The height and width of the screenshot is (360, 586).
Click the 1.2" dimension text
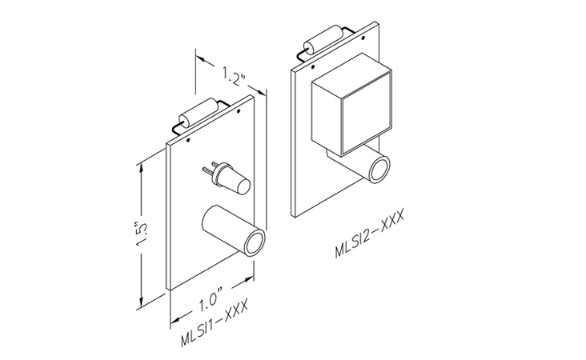[234, 76]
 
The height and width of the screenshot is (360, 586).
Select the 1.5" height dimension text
[141, 234]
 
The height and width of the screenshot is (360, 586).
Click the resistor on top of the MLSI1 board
[198, 113]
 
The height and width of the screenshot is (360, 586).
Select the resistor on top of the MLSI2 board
[323, 40]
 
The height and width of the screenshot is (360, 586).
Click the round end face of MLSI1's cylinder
[255, 242]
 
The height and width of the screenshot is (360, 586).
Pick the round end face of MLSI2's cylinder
[379, 169]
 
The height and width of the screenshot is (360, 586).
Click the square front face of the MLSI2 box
[367, 114]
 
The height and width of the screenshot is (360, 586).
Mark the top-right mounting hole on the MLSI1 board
[239, 111]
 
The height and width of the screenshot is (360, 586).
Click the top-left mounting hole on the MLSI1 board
[188, 141]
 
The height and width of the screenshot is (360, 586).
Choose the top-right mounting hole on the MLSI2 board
[363, 38]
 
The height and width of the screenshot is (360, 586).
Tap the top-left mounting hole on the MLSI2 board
[313, 67]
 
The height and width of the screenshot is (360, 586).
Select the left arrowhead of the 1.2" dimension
[202, 59]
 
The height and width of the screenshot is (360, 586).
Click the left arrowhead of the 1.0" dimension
[176, 319]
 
